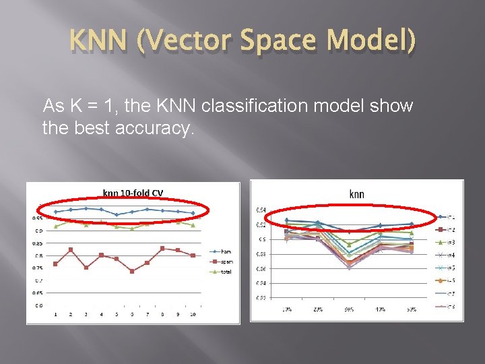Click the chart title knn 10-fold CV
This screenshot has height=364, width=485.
133,193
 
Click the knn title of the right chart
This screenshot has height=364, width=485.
356,194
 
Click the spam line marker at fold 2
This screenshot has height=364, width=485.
71,249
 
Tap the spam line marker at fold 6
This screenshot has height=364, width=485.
131,271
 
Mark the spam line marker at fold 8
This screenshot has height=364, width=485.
162,248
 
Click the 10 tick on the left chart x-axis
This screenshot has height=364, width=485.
193,315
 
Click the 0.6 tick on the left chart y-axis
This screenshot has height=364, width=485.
38,305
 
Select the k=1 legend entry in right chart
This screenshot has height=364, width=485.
450,217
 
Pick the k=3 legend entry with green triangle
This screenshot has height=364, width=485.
450,242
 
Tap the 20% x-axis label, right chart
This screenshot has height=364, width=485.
318,309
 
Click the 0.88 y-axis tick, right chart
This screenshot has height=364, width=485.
260,254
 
